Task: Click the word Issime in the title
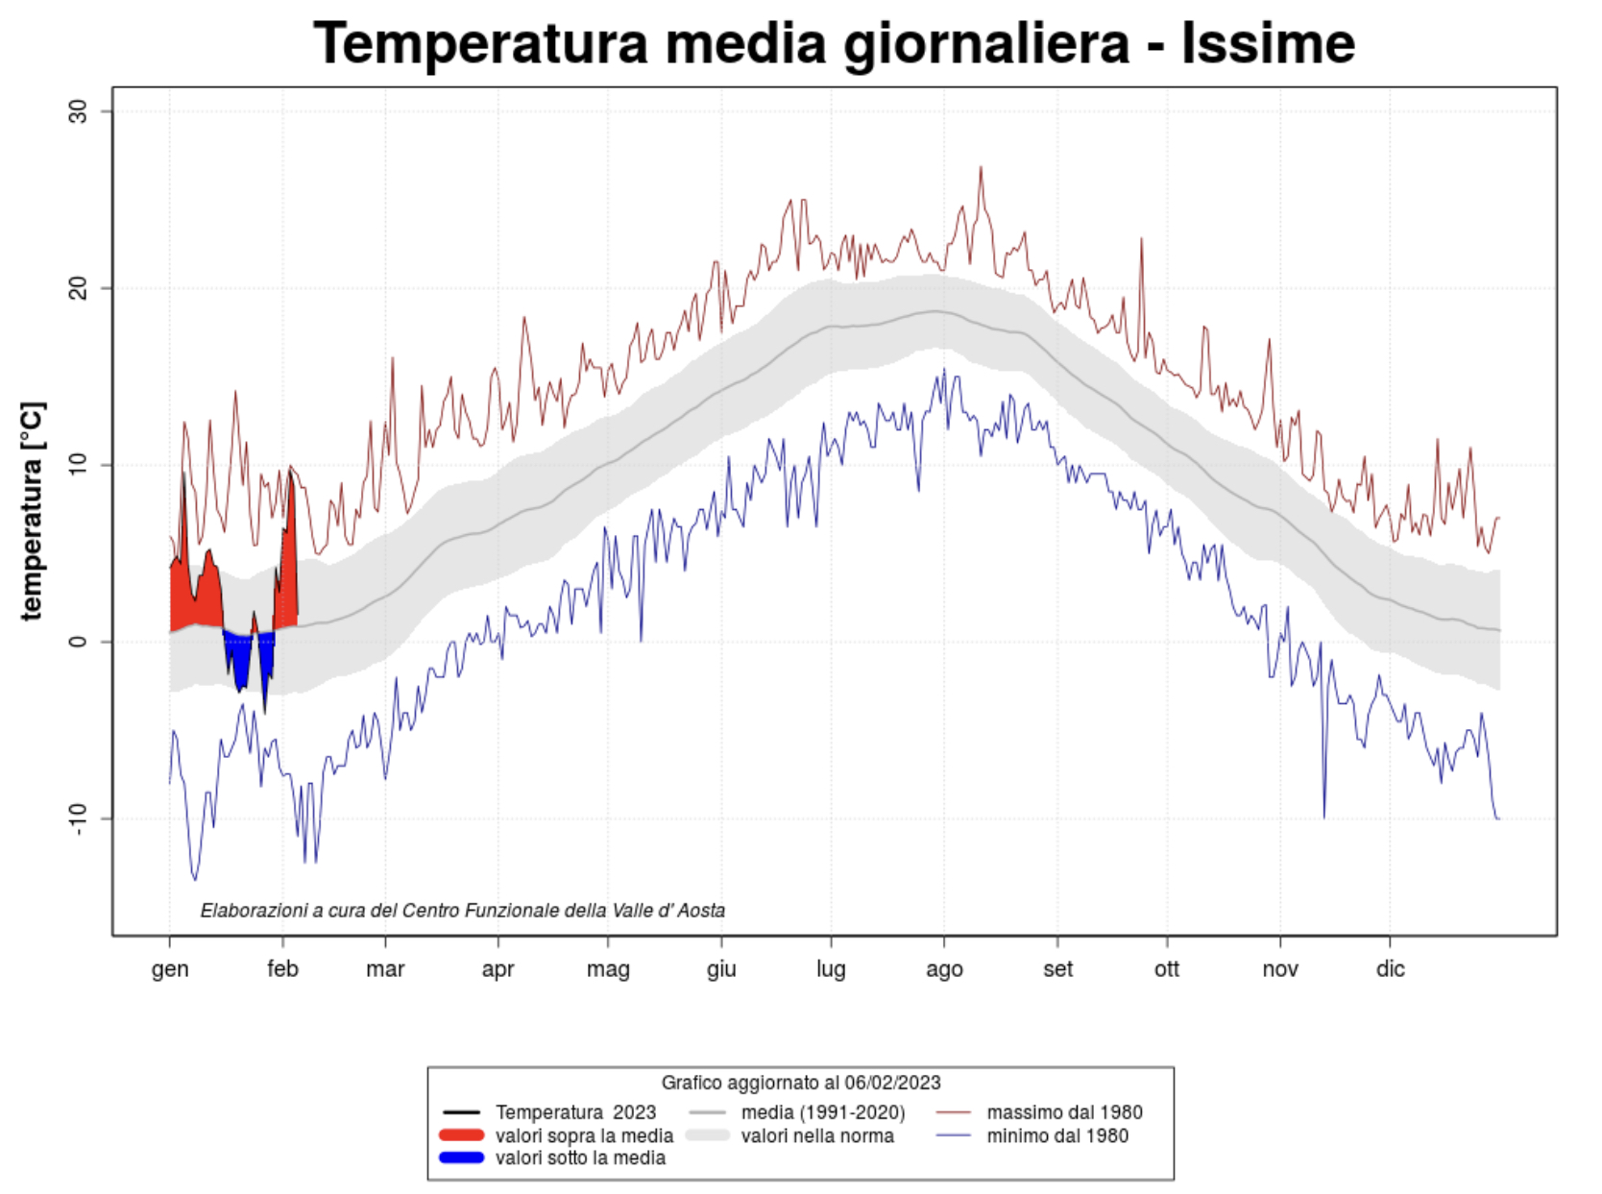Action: click(x=1267, y=43)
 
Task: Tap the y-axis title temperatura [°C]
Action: click(x=32, y=510)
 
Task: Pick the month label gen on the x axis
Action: click(x=170, y=968)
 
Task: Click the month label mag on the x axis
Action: click(x=608, y=968)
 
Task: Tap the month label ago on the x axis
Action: click(x=944, y=968)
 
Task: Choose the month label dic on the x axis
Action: click(x=1390, y=968)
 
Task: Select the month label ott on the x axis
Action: click(x=1167, y=968)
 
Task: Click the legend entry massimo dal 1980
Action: click(x=1064, y=1112)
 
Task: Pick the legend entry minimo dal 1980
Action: click(x=1057, y=1135)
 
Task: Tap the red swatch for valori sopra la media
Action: click(x=461, y=1135)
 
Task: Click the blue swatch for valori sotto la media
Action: click(x=461, y=1157)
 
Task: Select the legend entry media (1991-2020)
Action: click(x=823, y=1112)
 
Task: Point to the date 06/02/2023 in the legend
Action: click(x=892, y=1084)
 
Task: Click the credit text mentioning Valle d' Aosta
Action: click(x=462, y=910)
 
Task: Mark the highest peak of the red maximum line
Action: click(x=981, y=167)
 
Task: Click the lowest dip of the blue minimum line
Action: click(x=195, y=879)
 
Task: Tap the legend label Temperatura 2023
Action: click(x=575, y=1112)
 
